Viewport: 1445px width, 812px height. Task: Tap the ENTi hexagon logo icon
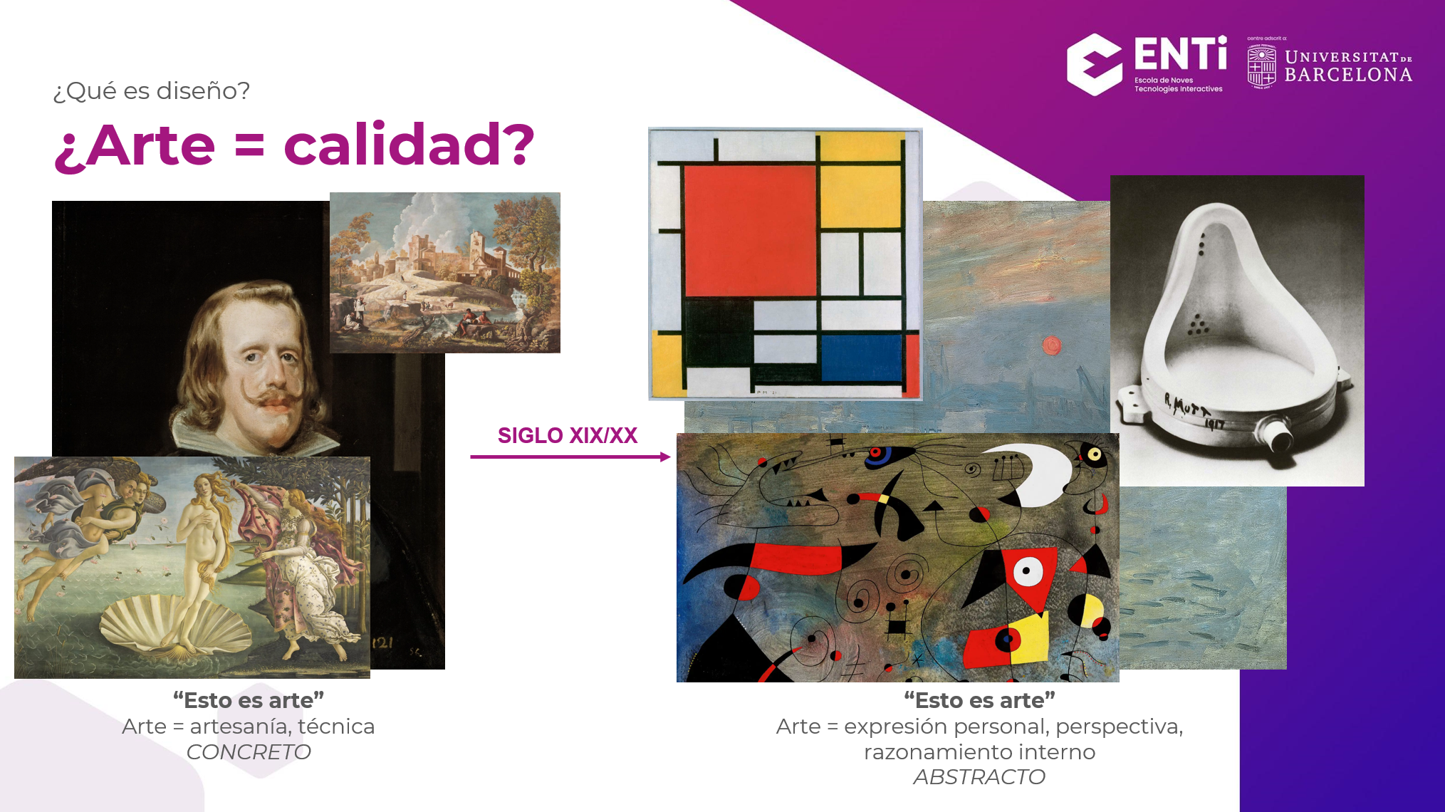tap(1095, 64)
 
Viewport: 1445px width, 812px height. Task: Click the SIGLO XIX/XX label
tap(568, 435)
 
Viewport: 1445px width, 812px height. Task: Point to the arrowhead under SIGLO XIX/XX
tap(666, 457)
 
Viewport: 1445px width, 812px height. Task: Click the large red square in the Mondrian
tap(749, 230)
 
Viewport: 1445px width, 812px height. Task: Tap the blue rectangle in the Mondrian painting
tap(862, 358)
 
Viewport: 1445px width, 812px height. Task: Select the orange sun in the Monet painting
tap(1051, 346)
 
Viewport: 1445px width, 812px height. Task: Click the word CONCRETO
tap(249, 752)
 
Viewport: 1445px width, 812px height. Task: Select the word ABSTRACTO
tap(979, 777)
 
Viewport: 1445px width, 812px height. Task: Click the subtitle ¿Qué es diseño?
tap(152, 91)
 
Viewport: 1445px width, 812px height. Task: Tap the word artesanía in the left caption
tap(239, 727)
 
